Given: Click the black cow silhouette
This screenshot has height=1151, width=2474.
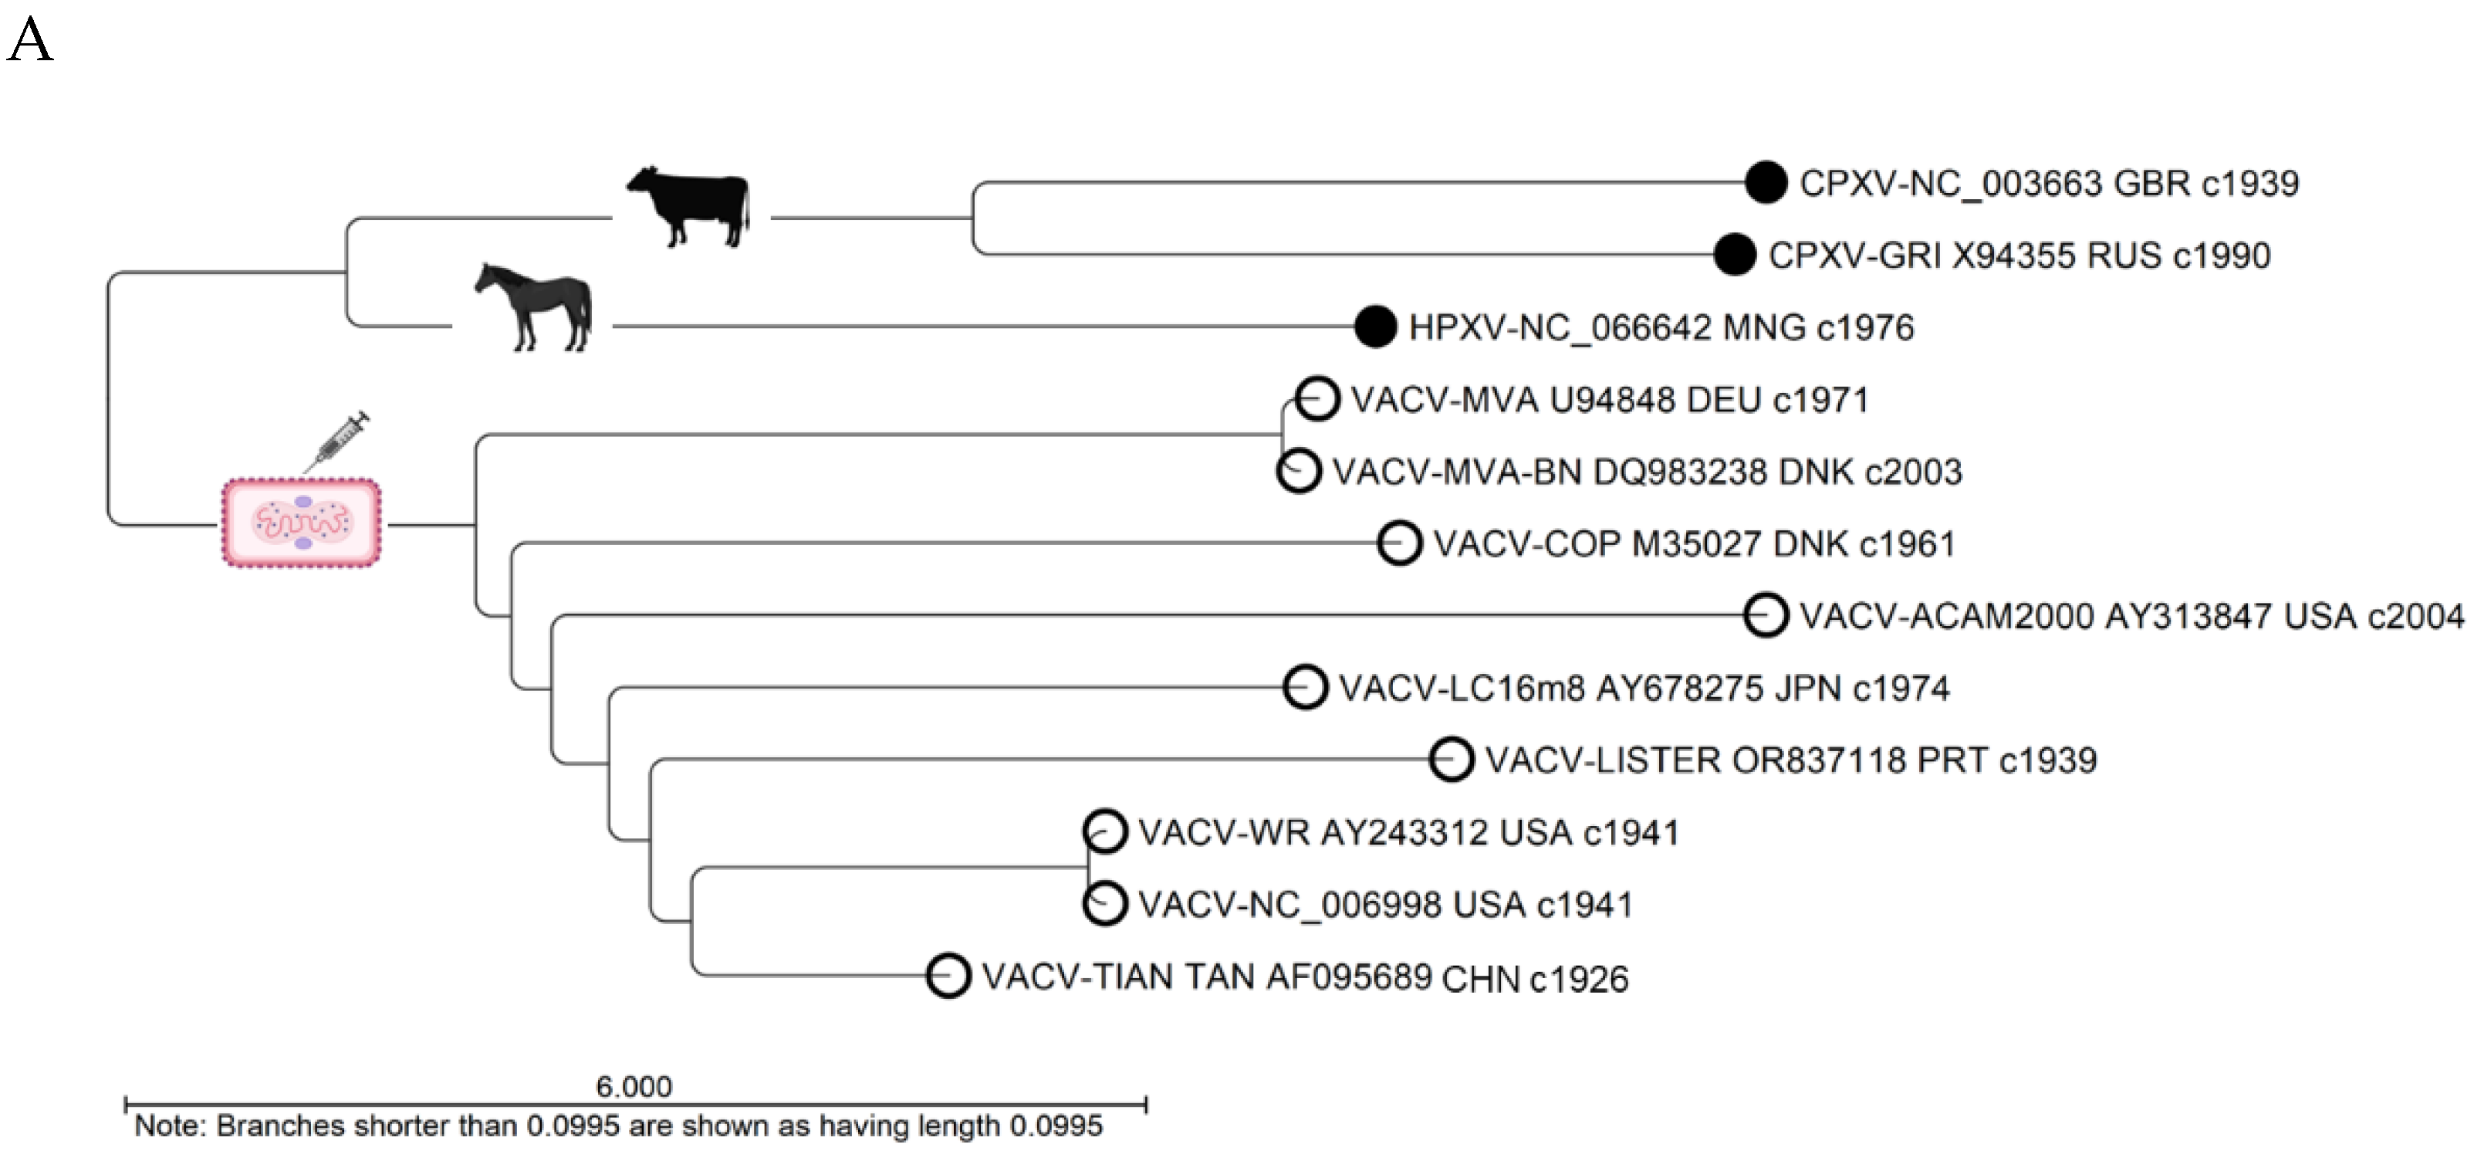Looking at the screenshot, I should pos(688,208).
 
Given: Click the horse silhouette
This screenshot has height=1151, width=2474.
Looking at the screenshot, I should pos(535,306).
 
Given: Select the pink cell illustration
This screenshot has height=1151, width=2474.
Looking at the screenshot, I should pos(302,523).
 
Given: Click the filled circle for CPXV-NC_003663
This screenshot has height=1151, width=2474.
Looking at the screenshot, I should pos(1766,182).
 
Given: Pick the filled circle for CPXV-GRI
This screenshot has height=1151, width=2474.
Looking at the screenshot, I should pos(1735,255).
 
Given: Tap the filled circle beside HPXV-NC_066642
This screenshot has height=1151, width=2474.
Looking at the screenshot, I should pos(1374,327).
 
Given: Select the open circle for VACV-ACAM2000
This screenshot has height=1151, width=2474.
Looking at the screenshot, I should pos(1766,615).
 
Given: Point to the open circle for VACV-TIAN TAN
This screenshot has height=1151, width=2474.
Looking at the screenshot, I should pos(948,976).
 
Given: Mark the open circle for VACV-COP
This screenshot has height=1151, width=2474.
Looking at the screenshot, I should pos(1399,543).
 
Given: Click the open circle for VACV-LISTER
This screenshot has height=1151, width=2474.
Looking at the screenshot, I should pos(1452,759).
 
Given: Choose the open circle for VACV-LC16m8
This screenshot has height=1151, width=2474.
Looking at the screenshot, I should pos(1305,687).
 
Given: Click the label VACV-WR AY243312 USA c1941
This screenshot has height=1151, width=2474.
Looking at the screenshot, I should pos(1408,832).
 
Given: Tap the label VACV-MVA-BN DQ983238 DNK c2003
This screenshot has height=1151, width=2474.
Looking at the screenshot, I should pos(1646,472).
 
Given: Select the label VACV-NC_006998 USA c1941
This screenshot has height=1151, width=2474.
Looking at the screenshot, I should pos(1385,904).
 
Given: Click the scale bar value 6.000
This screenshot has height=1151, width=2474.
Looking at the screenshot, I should pos(634,1087).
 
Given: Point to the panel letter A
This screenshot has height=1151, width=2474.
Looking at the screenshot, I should pos(30,42).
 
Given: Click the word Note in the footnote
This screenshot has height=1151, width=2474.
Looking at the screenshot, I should pos(169,1125).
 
